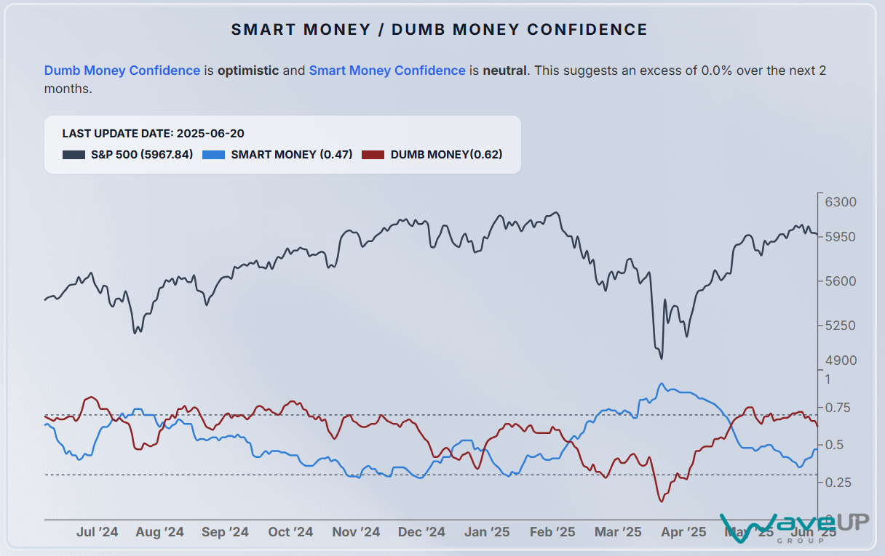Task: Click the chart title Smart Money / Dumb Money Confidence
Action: click(x=440, y=30)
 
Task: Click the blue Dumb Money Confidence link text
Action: click(x=122, y=70)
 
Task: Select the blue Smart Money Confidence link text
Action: click(x=387, y=70)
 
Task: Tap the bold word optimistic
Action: click(x=248, y=70)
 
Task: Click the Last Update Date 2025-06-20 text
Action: click(x=153, y=134)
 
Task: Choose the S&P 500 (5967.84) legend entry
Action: click(x=128, y=154)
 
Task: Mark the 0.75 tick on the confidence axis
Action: click(x=838, y=408)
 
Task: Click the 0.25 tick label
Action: click(x=838, y=482)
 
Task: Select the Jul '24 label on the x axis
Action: click(x=97, y=532)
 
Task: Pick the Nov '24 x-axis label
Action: click(x=356, y=532)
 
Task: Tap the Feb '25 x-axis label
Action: click(x=552, y=532)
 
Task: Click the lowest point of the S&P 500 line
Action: click(x=661, y=358)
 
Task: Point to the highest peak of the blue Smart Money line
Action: click(x=661, y=384)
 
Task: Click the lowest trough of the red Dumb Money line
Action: click(x=661, y=501)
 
